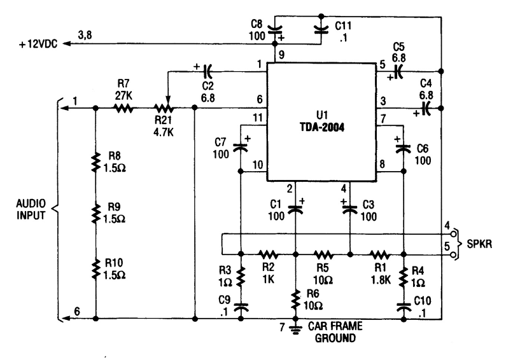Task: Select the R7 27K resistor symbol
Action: coord(123,109)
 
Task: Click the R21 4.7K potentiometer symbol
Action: coord(167,109)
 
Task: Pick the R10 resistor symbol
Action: coord(95,269)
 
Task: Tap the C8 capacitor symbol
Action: coord(276,29)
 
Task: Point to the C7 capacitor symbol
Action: coord(241,147)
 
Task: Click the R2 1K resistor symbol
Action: coord(268,253)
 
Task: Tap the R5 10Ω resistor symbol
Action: coord(323,253)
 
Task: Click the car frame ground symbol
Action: coord(295,329)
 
